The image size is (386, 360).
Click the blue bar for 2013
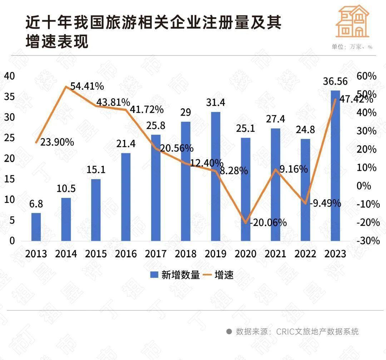pyautogui.click(x=36, y=227)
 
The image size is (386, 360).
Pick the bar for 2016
pyautogui.click(x=126, y=197)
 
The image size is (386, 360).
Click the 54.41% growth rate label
pyautogui.click(x=87, y=86)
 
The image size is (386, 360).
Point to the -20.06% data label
pyautogui.click(x=268, y=223)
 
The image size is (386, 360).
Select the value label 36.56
pyautogui.click(x=335, y=81)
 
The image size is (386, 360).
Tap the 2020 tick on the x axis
pyautogui.click(x=246, y=254)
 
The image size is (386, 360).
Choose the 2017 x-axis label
pyautogui.click(x=156, y=254)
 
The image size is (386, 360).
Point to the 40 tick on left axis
pyautogui.click(x=10, y=76)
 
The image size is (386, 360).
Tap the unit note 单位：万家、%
pyautogui.click(x=352, y=47)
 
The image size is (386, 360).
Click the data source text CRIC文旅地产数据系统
pyautogui.click(x=317, y=331)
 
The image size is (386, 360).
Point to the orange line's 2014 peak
pyautogui.click(x=66, y=86)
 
